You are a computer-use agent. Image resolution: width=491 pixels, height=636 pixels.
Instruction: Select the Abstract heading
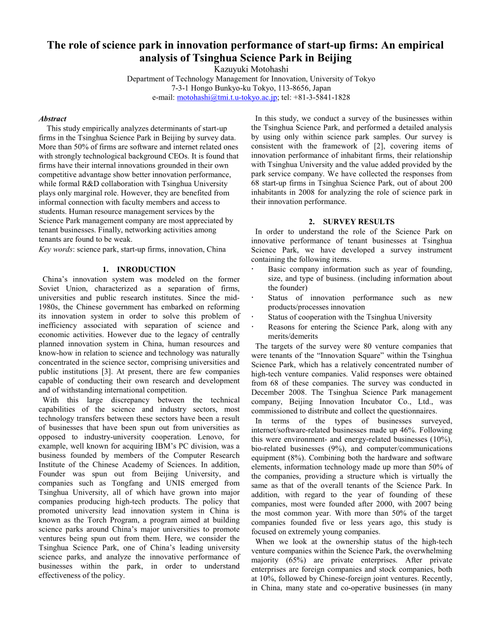pos(53,119)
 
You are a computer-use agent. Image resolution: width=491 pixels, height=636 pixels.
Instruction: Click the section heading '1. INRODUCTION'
pos(139,269)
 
